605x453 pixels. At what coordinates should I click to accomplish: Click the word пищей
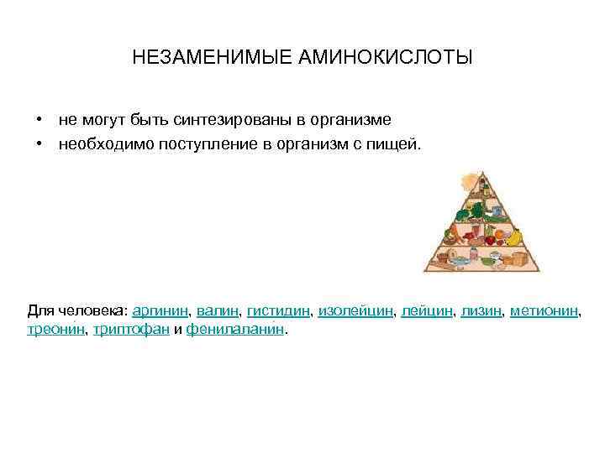coord(394,144)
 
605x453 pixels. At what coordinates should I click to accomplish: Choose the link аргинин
coord(161,311)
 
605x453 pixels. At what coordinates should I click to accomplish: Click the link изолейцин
coord(355,311)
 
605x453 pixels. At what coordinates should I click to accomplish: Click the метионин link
coord(544,311)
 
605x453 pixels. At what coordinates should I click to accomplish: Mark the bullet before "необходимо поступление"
coord(39,144)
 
